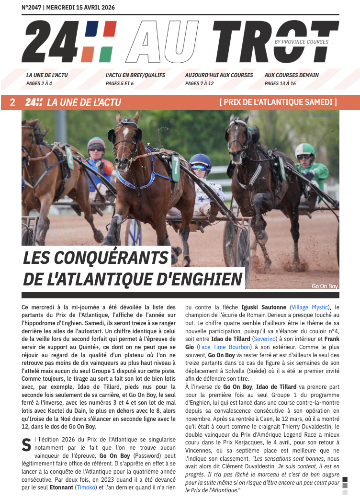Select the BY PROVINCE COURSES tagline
[x=302, y=42]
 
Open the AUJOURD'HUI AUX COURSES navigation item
[x=219, y=75]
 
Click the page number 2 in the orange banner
[x=12, y=102]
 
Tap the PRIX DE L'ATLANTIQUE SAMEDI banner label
[x=278, y=102]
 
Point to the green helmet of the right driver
[x=304, y=150]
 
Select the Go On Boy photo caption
[x=325, y=286]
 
